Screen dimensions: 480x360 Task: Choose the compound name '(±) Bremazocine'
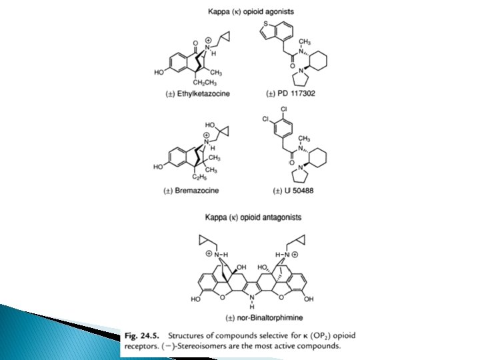click(x=191, y=191)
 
